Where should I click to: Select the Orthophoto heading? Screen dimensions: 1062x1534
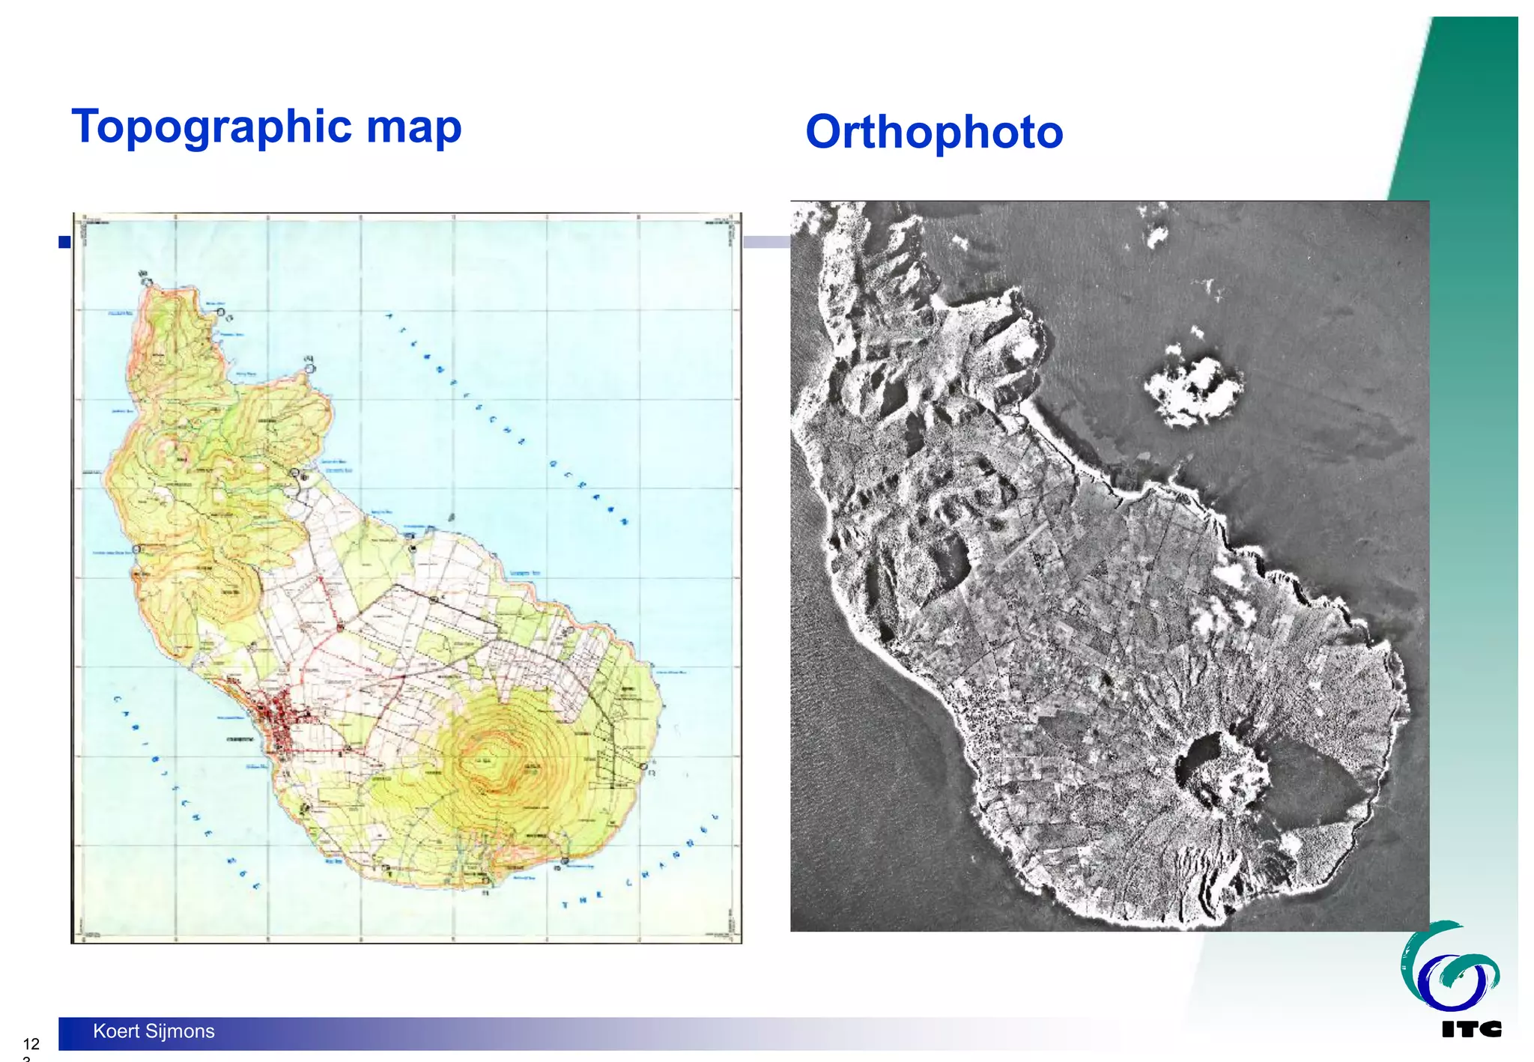934,133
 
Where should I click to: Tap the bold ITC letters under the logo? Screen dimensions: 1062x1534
1471,1030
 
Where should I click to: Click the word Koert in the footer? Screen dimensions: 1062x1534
116,1031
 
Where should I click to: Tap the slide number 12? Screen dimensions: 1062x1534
31,1044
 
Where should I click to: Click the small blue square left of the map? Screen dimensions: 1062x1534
64,242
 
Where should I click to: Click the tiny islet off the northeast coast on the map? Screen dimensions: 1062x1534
451,517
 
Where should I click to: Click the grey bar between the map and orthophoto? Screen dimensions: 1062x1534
766,242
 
